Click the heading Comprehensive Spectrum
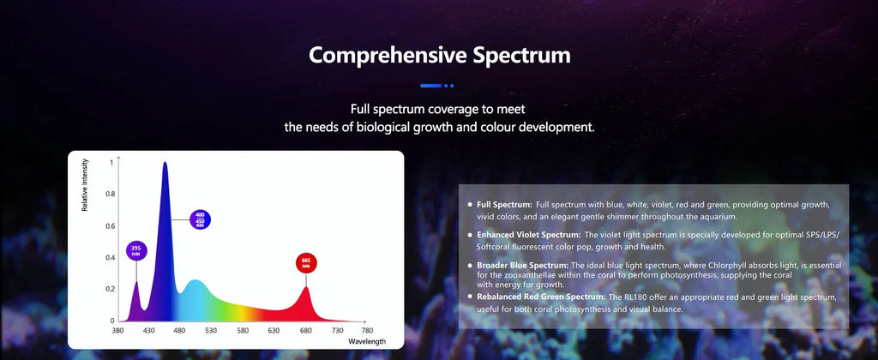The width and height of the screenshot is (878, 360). tap(439, 56)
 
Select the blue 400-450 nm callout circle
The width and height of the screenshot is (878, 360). tap(200, 219)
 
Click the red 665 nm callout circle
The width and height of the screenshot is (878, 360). tap(305, 261)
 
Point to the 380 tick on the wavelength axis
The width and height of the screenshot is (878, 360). tap(117, 330)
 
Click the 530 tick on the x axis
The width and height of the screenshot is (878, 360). tap(211, 330)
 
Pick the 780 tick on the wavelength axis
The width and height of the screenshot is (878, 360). tap(367, 330)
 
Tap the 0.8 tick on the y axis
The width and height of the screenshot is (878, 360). tap(109, 194)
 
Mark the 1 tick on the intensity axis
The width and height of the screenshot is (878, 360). tap(111, 162)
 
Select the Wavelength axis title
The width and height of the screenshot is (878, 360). tap(367, 341)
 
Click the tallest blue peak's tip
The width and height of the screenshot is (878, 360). tap(165, 163)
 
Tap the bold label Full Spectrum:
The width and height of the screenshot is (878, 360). tap(504, 205)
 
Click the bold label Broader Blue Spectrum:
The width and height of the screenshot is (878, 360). tap(523, 265)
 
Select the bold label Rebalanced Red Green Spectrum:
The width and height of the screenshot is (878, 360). tap(542, 297)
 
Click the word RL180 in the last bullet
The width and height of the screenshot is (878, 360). tap(638, 297)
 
